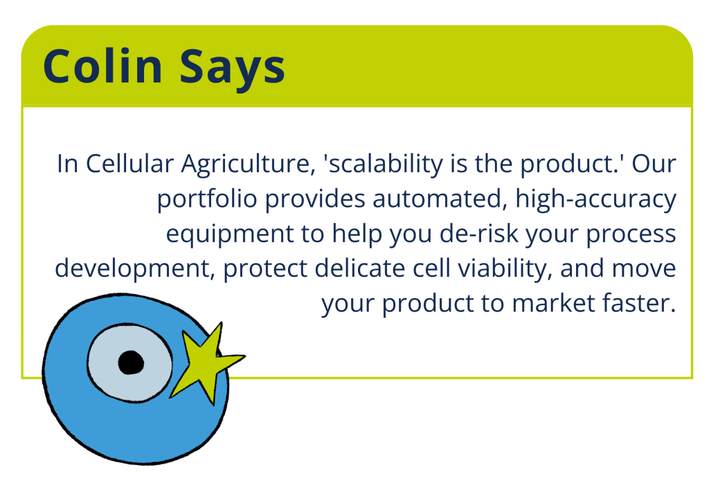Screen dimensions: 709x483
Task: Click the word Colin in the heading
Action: [102, 66]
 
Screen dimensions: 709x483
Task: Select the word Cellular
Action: [129, 163]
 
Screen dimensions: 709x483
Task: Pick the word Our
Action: [654, 163]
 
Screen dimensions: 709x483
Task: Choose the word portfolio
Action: [207, 199]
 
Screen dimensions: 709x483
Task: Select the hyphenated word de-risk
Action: [479, 233]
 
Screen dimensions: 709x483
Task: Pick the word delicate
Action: [360, 268]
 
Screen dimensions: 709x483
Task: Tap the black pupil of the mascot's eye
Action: [131, 363]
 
